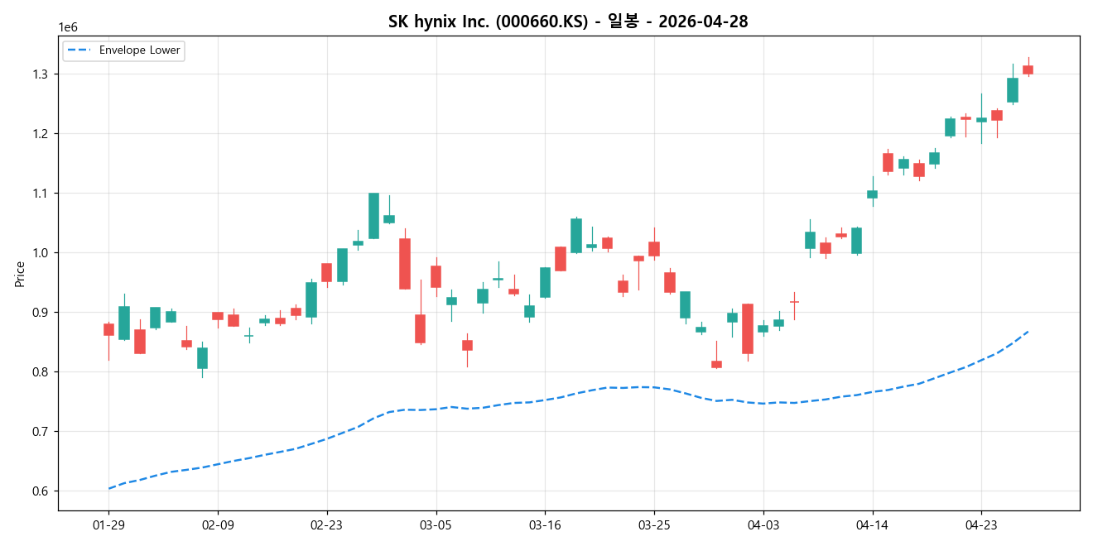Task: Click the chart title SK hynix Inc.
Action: pos(567,22)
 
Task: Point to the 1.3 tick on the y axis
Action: pos(41,74)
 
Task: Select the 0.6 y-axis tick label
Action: pos(41,491)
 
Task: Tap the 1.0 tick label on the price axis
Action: pos(41,253)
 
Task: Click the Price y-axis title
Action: pos(20,274)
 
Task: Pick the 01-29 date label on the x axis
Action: pos(108,524)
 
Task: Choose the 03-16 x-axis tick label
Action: pos(545,524)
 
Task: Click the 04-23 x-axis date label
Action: pos(981,524)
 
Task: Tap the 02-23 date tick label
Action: pos(326,524)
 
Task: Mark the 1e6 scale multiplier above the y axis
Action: pos(68,28)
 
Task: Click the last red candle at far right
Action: pos(1028,70)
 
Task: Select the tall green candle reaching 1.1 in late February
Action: pos(373,215)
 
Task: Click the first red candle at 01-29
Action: pos(108,329)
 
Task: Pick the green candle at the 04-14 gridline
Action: pos(872,194)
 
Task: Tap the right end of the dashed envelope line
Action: pos(1028,332)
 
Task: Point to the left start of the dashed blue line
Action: pos(109,488)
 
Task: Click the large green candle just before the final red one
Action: pos(1012,90)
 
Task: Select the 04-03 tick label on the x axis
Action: pos(763,524)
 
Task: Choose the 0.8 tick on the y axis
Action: pos(41,372)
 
